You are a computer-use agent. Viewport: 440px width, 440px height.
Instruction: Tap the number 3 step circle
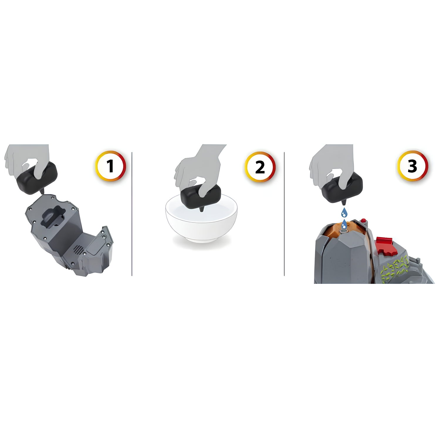pyautogui.click(x=412, y=166)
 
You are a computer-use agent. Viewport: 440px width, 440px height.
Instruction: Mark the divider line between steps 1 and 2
pyautogui.click(x=132, y=214)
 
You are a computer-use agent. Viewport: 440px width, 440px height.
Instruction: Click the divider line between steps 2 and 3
pyautogui.click(x=284, y=214)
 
